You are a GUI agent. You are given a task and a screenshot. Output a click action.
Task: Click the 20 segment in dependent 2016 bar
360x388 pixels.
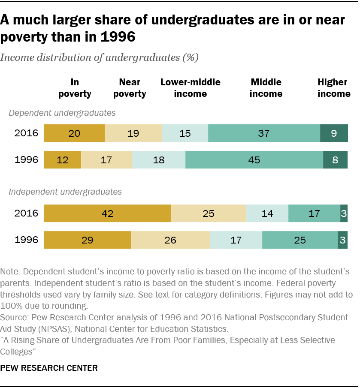[x=75, y=133]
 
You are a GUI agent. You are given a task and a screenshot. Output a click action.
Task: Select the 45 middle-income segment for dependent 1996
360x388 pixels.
[x=254, y=160]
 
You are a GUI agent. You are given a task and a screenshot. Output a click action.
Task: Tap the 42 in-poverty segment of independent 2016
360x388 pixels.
[x=107, y=213]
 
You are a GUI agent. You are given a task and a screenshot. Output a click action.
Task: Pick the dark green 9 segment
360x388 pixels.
[x=334, y=133]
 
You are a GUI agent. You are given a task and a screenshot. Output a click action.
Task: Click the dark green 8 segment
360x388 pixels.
[x=335, y=160]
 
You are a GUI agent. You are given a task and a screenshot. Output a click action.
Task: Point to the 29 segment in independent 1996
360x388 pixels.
[x=88, y=240]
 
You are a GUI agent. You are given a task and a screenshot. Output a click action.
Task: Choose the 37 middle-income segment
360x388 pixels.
[x=264, y=133]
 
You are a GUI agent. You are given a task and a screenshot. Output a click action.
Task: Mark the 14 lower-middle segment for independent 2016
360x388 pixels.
[x=267, y=213]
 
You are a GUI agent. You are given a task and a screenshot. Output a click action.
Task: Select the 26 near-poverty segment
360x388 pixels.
[x=170, y=240]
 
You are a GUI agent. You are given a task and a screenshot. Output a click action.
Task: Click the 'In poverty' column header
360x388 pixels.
[x=75, y=88]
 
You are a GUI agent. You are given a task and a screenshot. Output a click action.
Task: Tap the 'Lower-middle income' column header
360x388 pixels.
[x=190, y=88]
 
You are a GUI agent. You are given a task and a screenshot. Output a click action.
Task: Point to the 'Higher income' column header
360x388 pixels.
[x=334, y=88]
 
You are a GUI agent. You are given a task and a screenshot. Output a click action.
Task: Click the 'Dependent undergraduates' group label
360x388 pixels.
[x=62, y=113]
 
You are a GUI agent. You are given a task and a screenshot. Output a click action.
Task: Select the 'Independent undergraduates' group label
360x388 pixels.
[x=65, y=192]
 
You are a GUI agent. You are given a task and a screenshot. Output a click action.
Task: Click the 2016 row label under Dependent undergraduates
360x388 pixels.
[x=27, y=133]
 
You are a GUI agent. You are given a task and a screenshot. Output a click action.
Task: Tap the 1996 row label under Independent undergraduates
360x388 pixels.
[x=27, y=240]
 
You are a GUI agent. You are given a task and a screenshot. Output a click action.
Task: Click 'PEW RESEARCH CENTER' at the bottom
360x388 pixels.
[x=49, y=368]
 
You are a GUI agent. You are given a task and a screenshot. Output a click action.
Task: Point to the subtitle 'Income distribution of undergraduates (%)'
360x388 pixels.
[x=100, y=58]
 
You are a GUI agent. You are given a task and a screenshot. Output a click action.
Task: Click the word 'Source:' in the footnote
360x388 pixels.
[x=14, y=318]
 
